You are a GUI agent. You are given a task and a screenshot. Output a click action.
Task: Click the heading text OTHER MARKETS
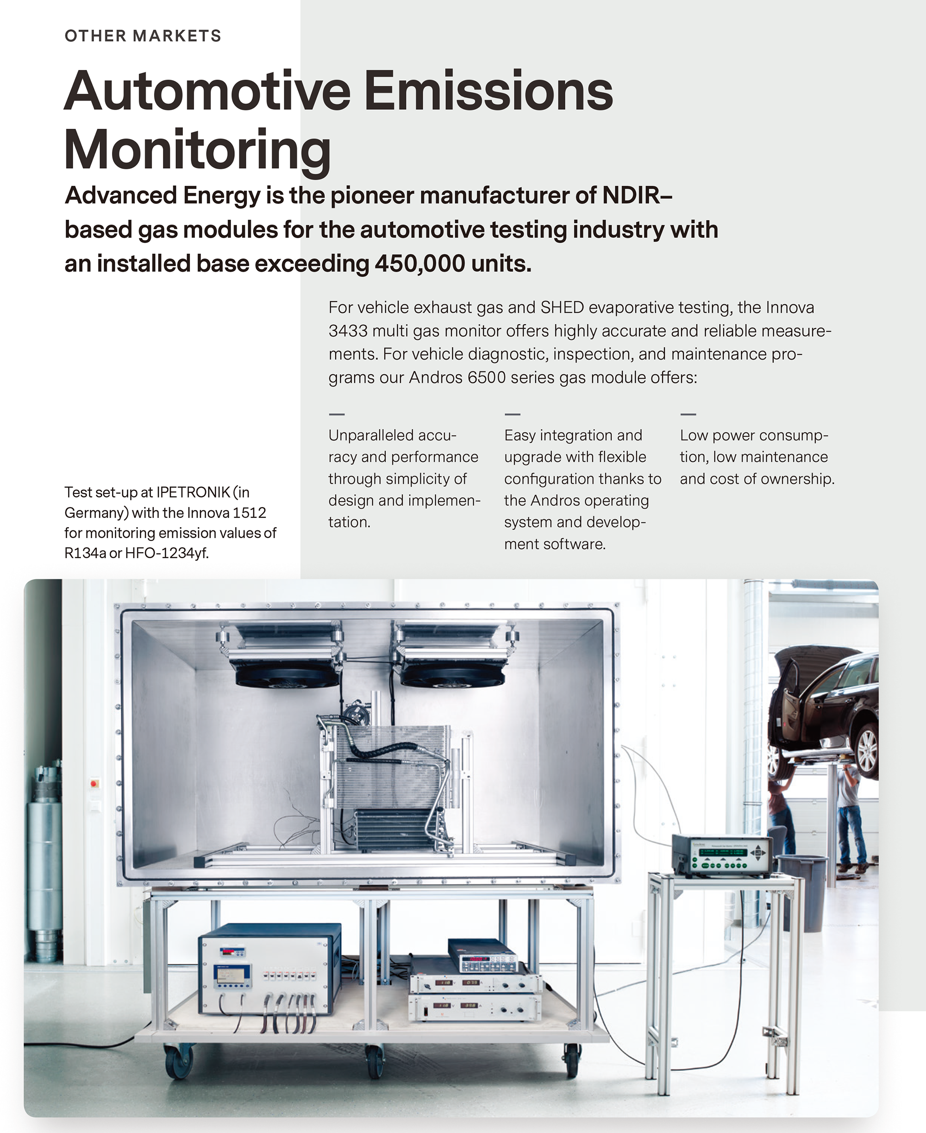pyautogui.click(x=143, y=36)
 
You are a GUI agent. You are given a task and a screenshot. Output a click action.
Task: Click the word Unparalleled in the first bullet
pyautogui.click(x=369, y=435)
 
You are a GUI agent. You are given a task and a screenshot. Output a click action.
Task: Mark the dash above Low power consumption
pyautogui.click(x=688, y=414)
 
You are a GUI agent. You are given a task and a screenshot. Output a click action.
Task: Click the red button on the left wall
pyautogui.click(x=94, y=783)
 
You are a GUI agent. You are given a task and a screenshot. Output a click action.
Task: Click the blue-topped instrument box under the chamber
pyautogui.click(x=269, y=969)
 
